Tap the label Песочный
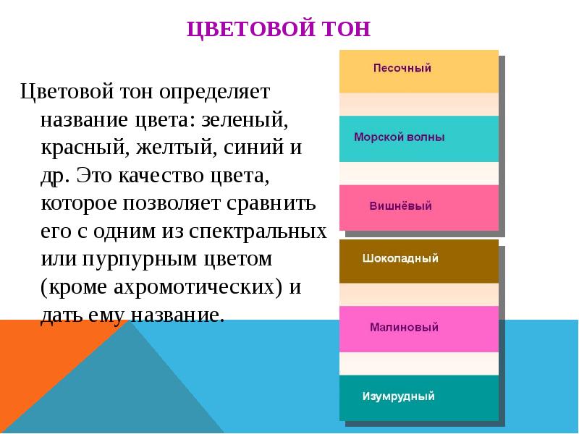pyautogui.click(x=402, y=69)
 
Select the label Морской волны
pyautogui.click(x=399, y=137)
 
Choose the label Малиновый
pyautogui.click(x=405, y=328)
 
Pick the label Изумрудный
pyautogui.click(x=398, y=396)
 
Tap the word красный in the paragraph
pyautogui.click(x=81, y=148)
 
